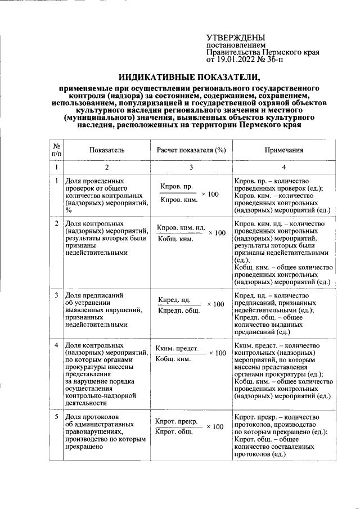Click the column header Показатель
[106, 150]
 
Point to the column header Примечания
[284, 150]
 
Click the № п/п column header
[56, 150]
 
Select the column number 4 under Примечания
[284, 168]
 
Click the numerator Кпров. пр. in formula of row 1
[177, 186]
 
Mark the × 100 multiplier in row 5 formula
[214, 427]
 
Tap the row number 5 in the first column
[56, 417]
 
